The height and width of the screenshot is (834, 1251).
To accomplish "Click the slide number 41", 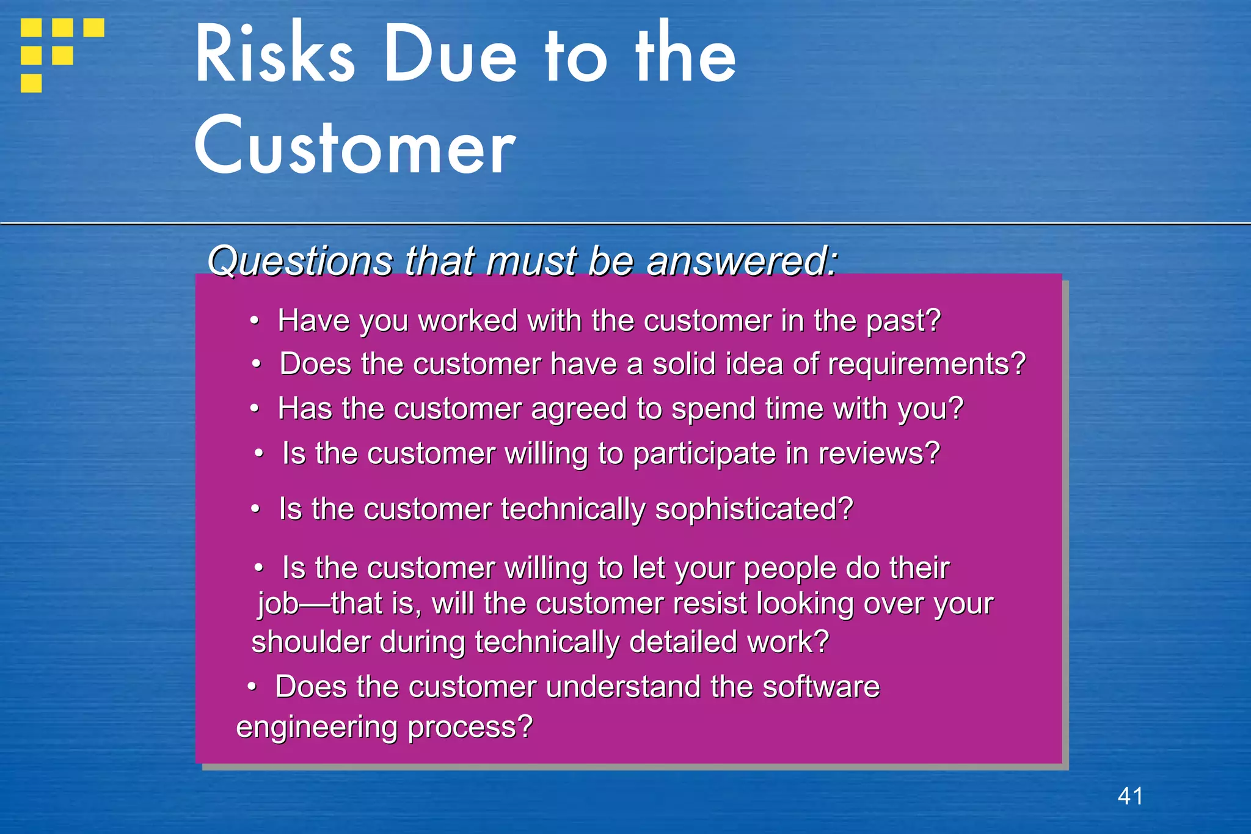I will point(1130,796).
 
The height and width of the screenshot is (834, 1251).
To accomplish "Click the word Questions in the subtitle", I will point(300,262).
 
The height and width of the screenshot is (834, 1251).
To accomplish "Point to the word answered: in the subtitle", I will point(742,262).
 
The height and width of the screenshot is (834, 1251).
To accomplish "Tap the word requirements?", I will point(927,364).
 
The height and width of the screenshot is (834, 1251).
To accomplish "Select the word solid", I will point(684,364).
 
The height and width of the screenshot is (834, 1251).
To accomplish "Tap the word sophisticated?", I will point(753,509).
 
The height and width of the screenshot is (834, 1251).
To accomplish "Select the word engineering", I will point(317,727).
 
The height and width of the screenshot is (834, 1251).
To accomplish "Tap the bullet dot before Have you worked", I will point(255,321).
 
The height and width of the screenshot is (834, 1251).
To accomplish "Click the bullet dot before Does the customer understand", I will point(252,687).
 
